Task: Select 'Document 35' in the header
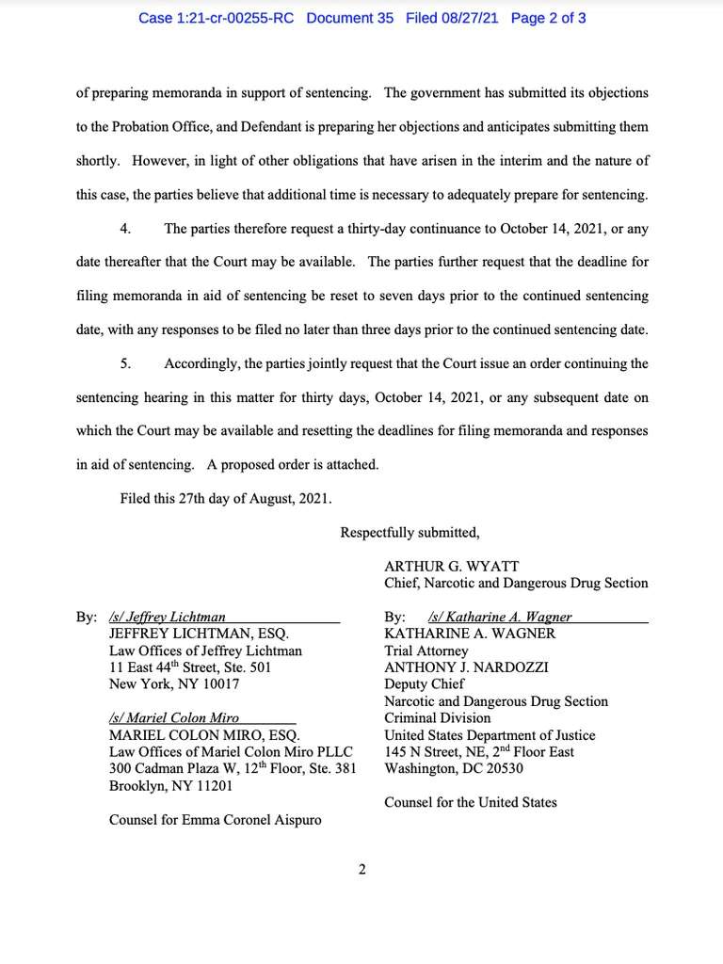coord(350,18)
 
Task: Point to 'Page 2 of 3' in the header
coord(549,18)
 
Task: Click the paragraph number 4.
coord(125,229)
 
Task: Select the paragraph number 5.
coord(125,362)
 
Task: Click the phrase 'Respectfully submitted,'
coord(410,532)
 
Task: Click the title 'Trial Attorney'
coord(426,651)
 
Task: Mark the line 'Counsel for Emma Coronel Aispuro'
coord(215,820)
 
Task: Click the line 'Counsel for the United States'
coord(470,802)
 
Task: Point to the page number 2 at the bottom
coord(361,869)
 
